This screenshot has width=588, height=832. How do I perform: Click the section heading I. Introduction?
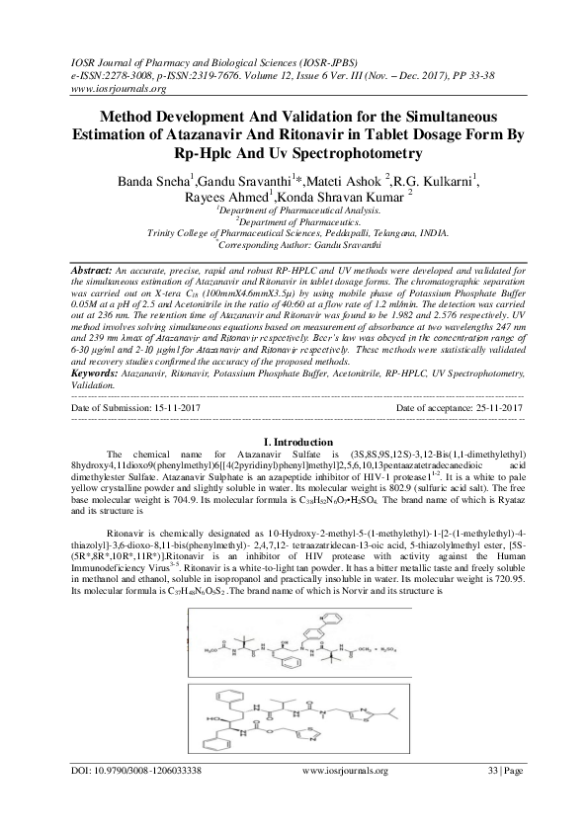[x=294, y=441]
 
